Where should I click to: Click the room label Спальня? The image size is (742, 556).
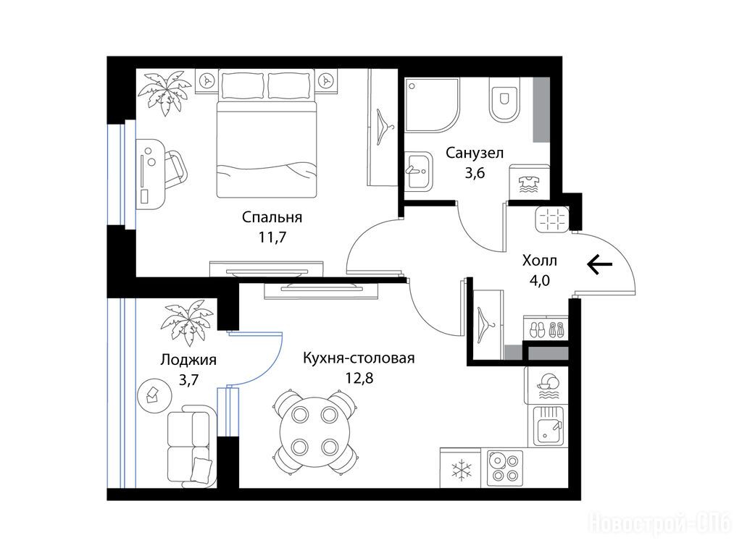pos(272,217)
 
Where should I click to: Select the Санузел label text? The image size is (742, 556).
pos(475,153)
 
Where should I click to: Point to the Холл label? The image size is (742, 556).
pos(539,260)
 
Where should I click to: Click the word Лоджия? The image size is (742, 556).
pos(188,360)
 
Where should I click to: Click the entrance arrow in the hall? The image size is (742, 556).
pos(599,264)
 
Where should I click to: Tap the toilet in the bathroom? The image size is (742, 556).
pos(504,100)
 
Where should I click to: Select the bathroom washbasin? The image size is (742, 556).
pos(418,171)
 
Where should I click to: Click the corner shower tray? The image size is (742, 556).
pos(432,105)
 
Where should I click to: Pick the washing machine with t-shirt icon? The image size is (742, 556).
pos(530,182)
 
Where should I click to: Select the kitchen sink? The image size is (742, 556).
pos(548,426)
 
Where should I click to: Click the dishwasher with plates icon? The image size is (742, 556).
pos(546,385)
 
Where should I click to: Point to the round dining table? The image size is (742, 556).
pos(314,431)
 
